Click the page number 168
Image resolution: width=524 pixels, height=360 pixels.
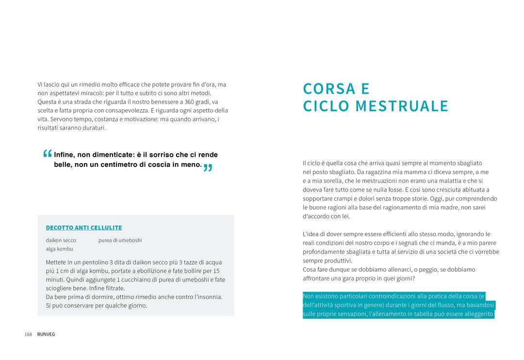28,334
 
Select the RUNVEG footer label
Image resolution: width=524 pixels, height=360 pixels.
46,334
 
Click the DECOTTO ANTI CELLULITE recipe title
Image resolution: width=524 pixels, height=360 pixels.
84,228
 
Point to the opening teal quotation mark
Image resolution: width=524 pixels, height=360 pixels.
47,154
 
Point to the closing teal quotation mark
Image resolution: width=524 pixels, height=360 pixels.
208,169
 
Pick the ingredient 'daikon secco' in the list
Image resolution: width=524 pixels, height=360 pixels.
61,240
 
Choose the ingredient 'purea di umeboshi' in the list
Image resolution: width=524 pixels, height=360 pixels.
120,240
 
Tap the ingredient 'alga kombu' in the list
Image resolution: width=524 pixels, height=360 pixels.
59,249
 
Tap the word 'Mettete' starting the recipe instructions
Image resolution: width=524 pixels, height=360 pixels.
56,262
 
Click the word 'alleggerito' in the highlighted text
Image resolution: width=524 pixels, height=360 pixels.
477,314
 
